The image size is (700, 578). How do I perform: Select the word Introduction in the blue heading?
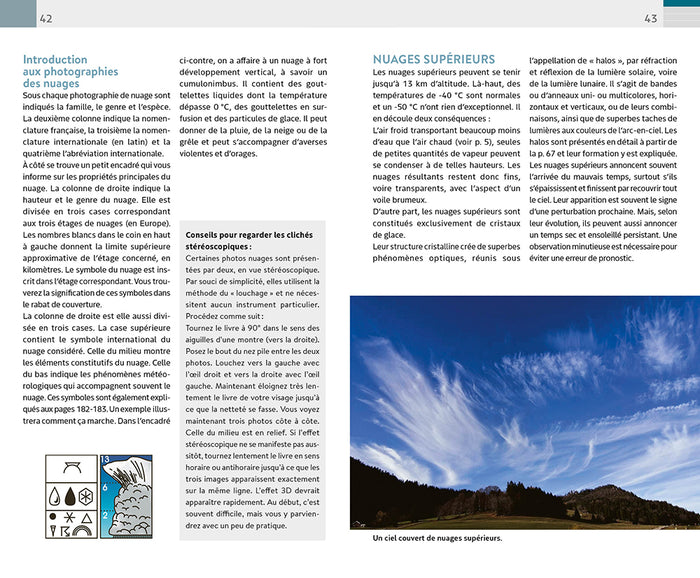(55, 60)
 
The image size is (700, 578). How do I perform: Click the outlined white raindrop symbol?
(55, 494)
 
